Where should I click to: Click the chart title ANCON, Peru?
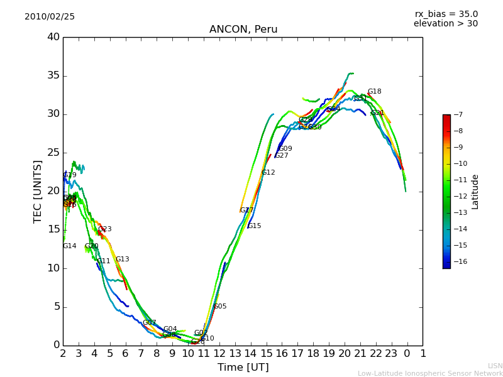[x=243, y=30]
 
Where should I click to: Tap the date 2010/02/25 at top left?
[x=50, y=16]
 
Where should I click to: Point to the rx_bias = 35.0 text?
[x=446, y=14]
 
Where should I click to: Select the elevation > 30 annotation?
[x=445, y=24]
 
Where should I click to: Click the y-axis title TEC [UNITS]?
[x=38, y=191]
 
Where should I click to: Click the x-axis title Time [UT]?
[x=243, y=367]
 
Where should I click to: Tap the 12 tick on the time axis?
[x=219, y=354]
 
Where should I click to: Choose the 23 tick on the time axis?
[x=391, y=354]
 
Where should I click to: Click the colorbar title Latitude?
[x=475, y=191]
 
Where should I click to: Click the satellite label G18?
[x=374, y=92]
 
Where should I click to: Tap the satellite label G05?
[x=220, y=307]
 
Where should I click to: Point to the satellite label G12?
[x=268, y=173]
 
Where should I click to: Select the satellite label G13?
[x=122, y=260]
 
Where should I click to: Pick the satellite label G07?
[x=149, y=323]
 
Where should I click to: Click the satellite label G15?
[x=254, y=226]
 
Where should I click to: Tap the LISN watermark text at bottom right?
[x=495, y=366]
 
